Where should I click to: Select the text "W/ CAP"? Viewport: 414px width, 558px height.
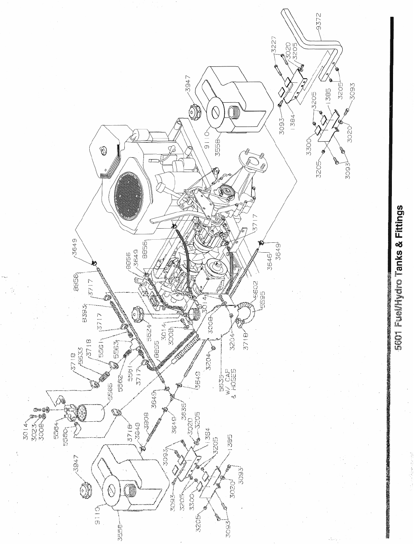227,376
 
